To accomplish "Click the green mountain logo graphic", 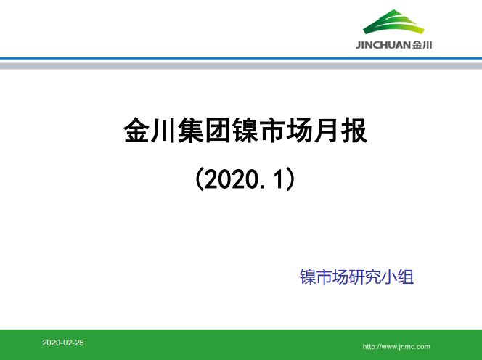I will coord(395,23).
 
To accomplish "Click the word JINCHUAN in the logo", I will coord(383,45).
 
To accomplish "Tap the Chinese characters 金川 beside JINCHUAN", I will coord(422,45).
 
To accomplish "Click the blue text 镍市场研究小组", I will coord(356,277).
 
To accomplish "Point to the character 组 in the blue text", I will coord(405,277).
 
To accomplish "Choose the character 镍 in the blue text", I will coord(308,277).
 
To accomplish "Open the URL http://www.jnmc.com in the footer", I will coord(396,347).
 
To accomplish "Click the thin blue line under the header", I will coord(241,58).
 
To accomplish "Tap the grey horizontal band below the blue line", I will coord(241,65).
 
